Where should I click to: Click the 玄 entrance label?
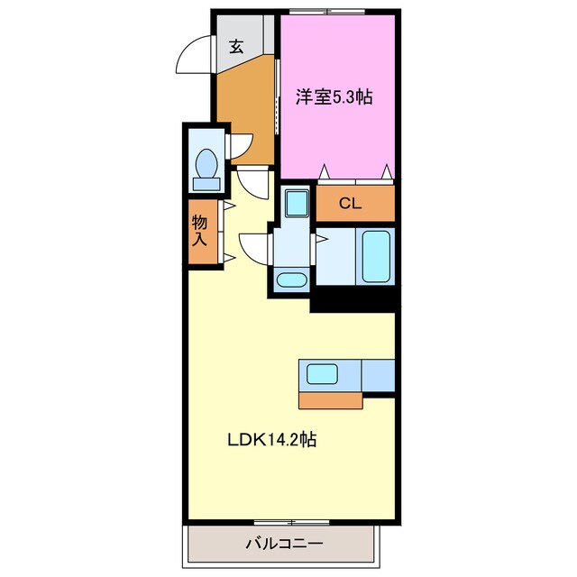click(x=235, y=47)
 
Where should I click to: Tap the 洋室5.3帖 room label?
click(x=334, y=98)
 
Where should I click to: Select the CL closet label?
click(x=350, y=204)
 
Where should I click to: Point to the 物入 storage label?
click(x=200, y=230)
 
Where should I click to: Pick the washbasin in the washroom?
click(x=290, y=279)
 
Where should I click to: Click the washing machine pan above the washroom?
click(x=294, y=202)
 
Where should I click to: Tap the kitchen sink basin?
click(x=322, y=374)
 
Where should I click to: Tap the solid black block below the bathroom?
click(x=353, y=299)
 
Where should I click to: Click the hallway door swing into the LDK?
click(x=253, y=183)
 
